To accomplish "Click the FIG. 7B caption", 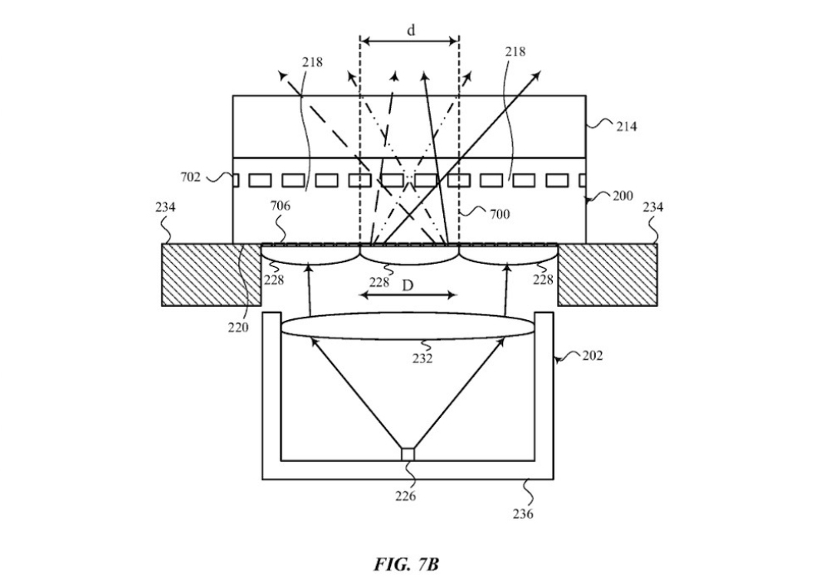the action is [406, 565].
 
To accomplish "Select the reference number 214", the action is [626, 126].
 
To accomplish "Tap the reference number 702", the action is [191, 177].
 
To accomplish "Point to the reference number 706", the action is [280, 206].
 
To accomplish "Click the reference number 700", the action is [499, 214].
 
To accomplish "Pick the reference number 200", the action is [622, 196].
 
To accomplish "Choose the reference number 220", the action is [238, 328].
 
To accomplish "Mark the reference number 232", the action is [422, 358].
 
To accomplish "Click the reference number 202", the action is [593, 356].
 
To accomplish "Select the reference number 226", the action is [406, 496].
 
